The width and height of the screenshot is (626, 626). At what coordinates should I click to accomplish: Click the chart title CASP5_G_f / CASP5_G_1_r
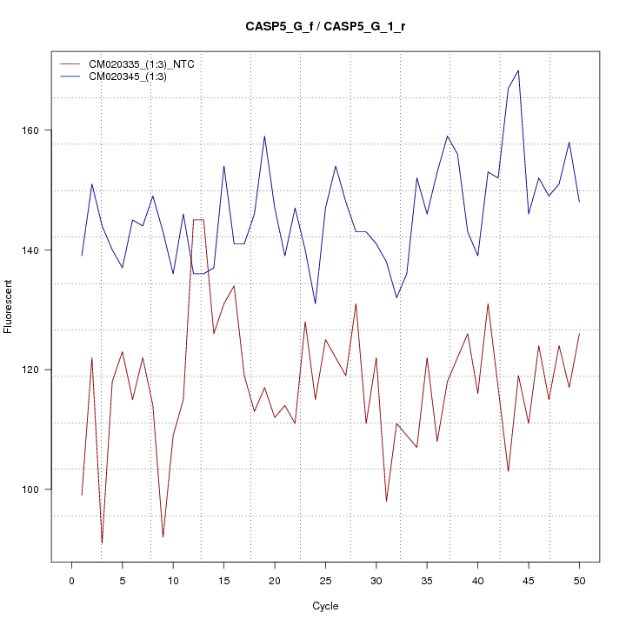coord(325,26)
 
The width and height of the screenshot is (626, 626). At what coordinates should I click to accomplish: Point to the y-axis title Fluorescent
coord(9,306)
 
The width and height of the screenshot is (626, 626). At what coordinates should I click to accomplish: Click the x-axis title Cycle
coord(325,606)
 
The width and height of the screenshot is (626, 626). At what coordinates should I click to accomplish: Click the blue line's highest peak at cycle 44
coord(518,70)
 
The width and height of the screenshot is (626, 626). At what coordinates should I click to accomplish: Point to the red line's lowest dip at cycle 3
coord(102,543)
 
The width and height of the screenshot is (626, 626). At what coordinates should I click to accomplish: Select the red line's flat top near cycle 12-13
coord(198,220)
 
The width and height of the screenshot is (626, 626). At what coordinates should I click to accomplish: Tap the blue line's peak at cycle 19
coord(264,137)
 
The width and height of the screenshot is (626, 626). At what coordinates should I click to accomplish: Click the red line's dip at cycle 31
coord(386,501)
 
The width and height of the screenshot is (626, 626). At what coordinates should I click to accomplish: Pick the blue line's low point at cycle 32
coord(396,297)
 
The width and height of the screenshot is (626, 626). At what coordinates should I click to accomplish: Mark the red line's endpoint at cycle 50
coord(579,334)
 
